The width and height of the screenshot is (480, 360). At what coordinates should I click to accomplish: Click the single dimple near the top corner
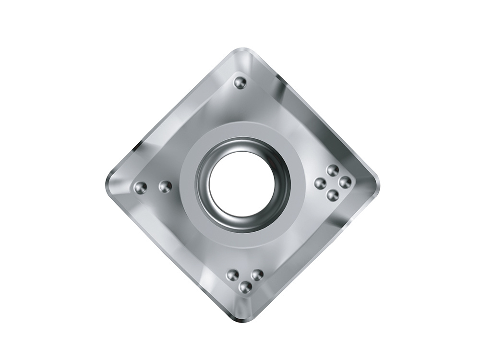[x=240, y=83]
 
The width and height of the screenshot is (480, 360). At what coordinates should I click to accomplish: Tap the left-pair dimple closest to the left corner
[x=140, y=188]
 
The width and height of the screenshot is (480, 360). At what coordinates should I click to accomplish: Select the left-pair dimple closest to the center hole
[x=165, y=186]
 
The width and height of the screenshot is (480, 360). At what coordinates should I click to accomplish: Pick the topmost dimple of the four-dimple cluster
[x=333, y=170]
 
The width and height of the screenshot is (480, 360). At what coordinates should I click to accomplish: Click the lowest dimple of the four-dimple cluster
[x=332, y=195]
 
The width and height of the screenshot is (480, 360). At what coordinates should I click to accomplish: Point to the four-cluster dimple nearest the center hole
[x=320, y=183]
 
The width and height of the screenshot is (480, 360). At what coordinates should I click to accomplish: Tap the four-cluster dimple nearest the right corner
[x=345, y=182]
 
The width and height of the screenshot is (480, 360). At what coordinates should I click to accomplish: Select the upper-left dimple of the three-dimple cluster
[x=233, y=275]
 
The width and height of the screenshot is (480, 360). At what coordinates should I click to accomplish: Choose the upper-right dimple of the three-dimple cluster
[x=257, y=275]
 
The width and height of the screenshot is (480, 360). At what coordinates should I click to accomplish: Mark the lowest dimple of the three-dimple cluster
[x=245, y=287]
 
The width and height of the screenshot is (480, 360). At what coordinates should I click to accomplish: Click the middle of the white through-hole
[x=241, y=183]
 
